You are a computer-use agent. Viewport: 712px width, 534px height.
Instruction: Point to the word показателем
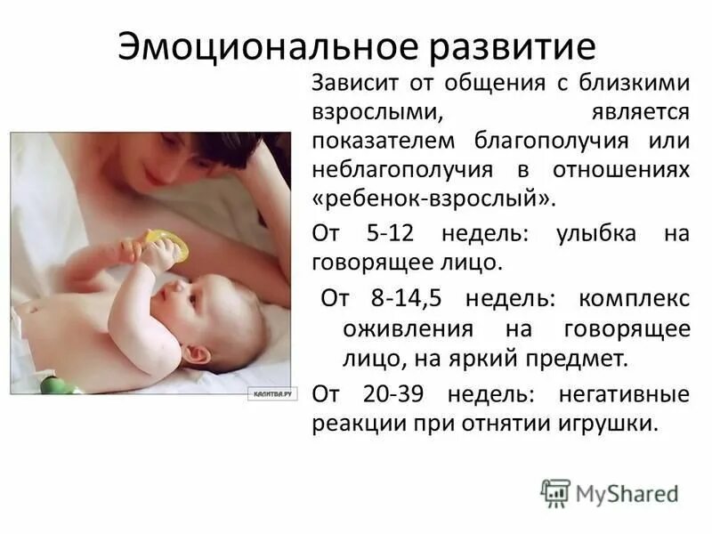(380, 142)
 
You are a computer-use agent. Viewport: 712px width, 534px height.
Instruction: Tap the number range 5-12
(391, 235)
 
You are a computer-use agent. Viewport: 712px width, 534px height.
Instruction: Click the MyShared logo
(610, 492)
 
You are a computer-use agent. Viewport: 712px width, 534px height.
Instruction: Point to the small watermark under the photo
(272, 395)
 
